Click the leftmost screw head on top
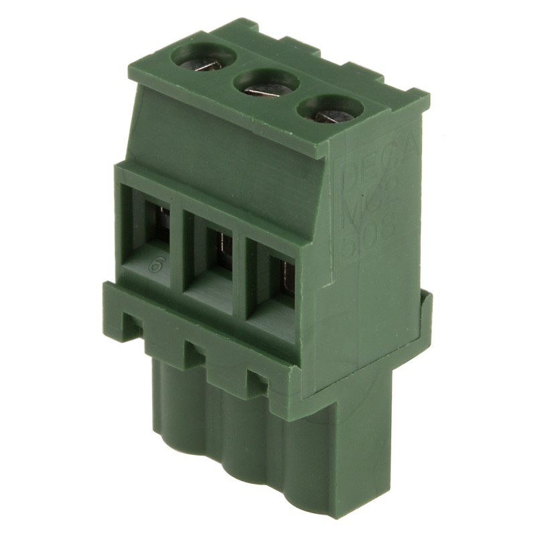tap(203, 58)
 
